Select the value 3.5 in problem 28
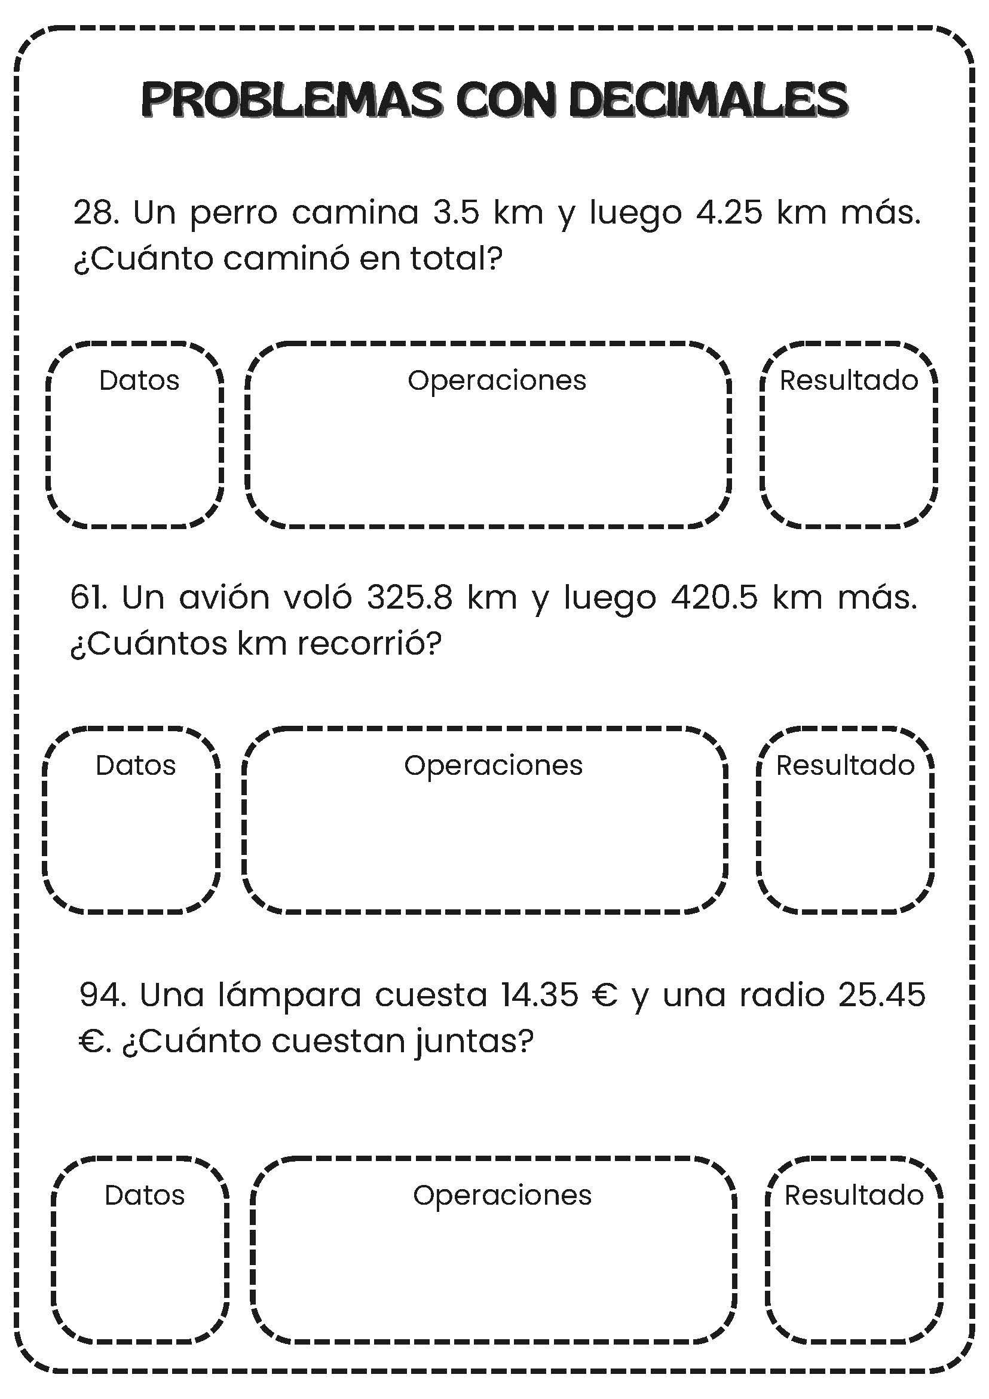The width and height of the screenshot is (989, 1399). (x=456, y=213)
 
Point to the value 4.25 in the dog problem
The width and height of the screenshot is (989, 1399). (x=728, y=213)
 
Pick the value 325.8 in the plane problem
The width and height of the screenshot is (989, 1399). (x=409, y=597)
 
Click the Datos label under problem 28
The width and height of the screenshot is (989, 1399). (x=139, y=380)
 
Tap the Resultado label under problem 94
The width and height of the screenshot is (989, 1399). (x=854, y=1196)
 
